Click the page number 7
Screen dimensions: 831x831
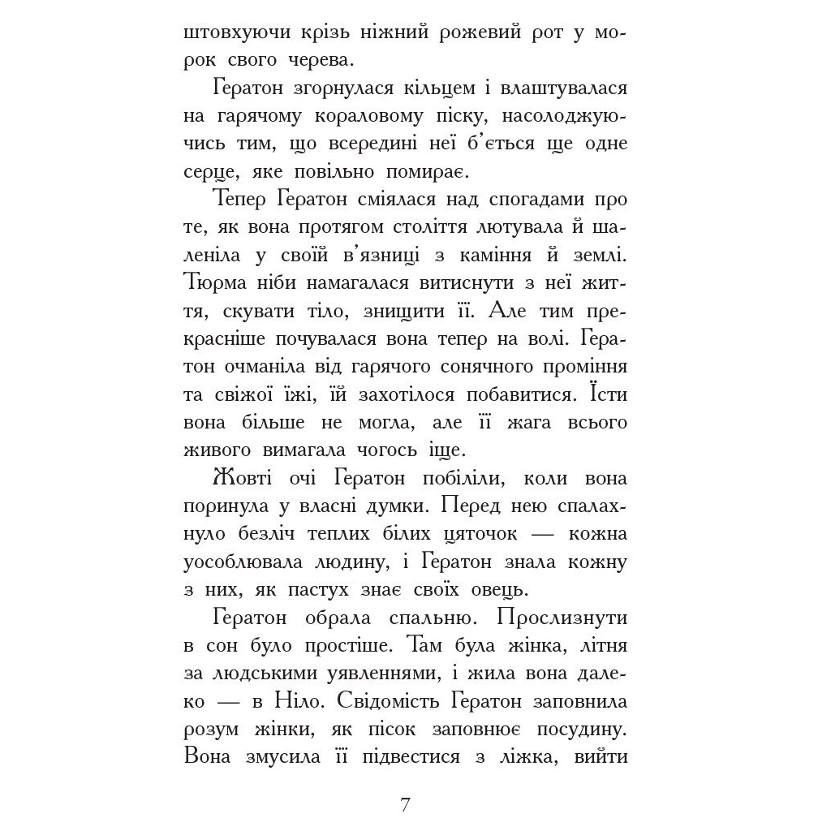[406, 805]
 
